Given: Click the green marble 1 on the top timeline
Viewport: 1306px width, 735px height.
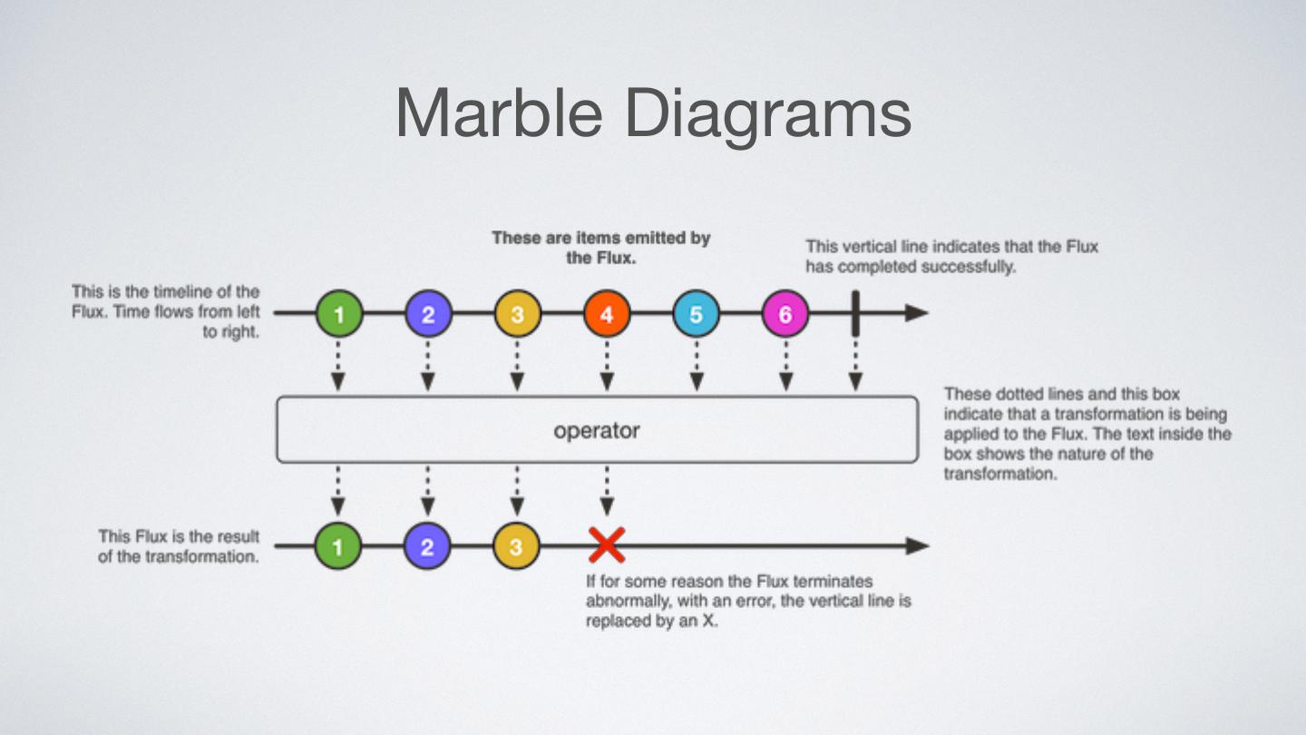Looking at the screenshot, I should tap(339, 314).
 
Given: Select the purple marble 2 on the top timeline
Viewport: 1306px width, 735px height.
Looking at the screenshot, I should tap(428, 314).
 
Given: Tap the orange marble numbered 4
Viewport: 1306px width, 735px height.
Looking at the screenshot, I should tap(607, 314).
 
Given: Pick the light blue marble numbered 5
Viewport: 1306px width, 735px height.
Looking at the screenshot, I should tap(696, 314).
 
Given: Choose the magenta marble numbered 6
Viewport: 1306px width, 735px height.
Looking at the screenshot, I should tap(785, 314).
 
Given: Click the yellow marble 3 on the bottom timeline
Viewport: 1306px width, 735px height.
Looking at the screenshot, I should tap(516, 546).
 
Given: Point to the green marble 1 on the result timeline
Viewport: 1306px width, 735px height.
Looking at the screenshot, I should tap(338, 546).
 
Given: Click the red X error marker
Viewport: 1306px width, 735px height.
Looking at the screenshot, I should tap(607, 545).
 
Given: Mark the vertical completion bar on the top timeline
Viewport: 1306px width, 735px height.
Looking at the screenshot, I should tap(854, 314).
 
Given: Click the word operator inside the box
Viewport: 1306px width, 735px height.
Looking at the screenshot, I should tap(597, 430).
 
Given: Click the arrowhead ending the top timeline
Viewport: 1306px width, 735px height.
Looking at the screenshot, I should tap(917, 314).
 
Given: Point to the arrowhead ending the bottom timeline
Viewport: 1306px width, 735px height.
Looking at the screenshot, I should tap(917, 546).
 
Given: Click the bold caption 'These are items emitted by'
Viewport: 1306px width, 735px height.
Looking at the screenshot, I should tap(600, 238).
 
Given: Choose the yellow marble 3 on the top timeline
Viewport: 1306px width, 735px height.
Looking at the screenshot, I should tap(517, 314).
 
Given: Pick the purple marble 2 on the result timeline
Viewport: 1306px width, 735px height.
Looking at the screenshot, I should tap(427, 546).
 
